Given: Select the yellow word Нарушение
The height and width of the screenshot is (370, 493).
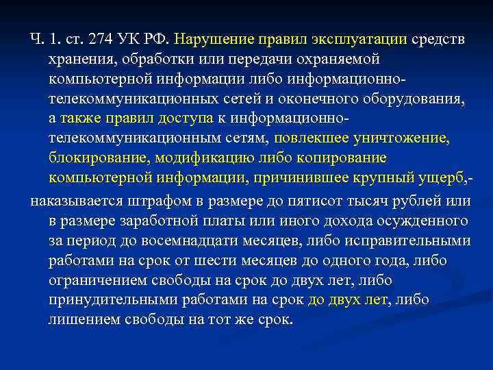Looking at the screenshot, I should pos(210,40).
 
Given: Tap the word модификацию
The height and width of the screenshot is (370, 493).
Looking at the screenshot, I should pos(202,159).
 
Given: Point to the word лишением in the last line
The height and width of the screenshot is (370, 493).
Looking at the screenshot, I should pos(81,320).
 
